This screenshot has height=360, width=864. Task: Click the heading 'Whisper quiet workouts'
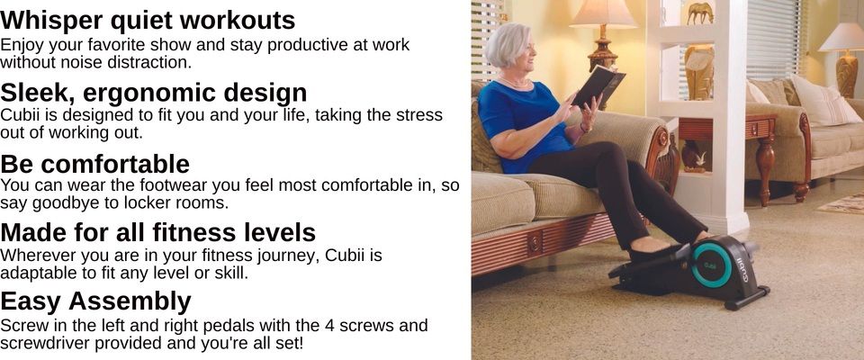[x=148, y=21]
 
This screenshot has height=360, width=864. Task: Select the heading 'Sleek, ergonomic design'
[x=154, y=92]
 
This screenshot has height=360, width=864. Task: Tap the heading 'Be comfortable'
[x=94, y=164]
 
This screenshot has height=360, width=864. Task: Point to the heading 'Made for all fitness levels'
[x=158, y=232]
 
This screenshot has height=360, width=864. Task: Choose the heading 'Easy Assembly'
[x=96, y=301]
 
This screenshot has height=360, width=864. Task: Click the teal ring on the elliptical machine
[x=711, y=265]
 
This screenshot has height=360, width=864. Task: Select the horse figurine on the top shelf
[x=700, y=12]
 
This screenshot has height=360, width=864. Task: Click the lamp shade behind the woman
[x=603, y=13]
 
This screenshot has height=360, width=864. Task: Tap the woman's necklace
[x=514, y=82]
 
